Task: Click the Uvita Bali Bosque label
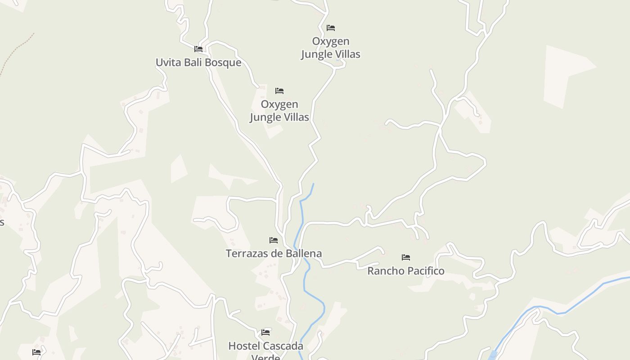198,63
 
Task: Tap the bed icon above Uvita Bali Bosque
198,49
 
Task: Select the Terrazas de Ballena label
274,253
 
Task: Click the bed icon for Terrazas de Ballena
274,240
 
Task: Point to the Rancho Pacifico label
406,271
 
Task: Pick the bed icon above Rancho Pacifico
406,257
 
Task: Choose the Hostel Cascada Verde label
265,346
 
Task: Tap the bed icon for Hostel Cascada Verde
265,333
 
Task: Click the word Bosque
224,63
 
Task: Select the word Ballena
303,253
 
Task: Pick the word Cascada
282,346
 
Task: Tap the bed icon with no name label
36,352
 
